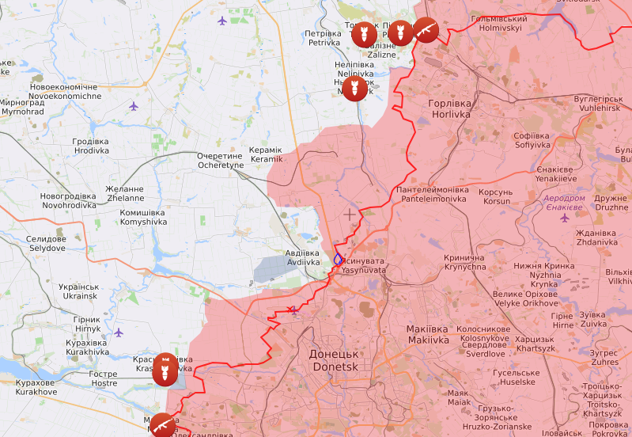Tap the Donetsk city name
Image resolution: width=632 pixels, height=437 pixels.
335,361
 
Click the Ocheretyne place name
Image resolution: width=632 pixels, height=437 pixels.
220,161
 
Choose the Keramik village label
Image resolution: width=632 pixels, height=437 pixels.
265,154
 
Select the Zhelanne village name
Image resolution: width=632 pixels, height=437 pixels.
125,194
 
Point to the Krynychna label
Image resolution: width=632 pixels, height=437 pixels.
464,263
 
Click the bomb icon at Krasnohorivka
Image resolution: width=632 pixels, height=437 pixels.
166,369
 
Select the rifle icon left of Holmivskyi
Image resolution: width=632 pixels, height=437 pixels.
426,30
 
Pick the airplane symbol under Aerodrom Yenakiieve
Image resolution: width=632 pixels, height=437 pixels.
564,218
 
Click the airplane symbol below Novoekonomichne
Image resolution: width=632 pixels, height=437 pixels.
134,106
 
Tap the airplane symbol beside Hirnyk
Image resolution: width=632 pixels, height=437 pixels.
119,332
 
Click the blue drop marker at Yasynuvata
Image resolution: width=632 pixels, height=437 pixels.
338,258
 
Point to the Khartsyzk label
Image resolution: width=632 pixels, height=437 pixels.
535,344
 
